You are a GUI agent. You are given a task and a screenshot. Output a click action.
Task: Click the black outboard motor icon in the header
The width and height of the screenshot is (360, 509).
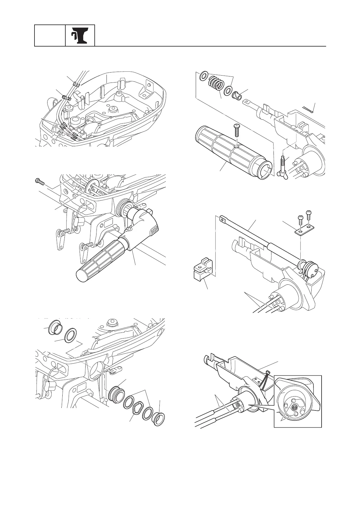tap(80, 36)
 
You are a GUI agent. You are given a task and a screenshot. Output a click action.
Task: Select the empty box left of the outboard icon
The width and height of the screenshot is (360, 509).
tap(50, 36)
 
